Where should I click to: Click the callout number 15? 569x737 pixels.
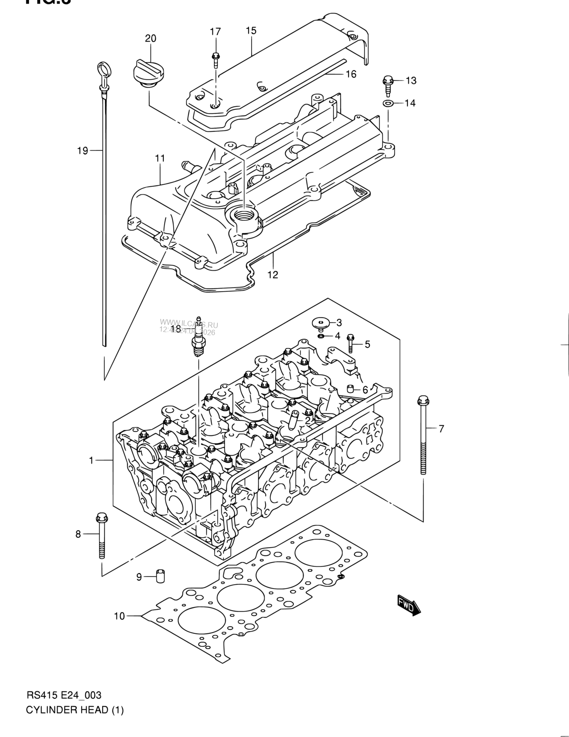[251, 31]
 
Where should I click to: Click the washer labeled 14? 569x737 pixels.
[388, 104]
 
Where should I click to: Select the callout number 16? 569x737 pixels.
[351, 74]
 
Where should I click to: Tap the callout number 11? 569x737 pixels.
[160, 158]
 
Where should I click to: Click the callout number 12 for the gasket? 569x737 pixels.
[273, 275]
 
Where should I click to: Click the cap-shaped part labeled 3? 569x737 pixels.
[320, 322]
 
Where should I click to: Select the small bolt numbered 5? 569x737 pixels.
[351, 344]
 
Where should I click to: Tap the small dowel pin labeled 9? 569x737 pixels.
[159, 577]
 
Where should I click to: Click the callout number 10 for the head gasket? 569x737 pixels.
[119, 616]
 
